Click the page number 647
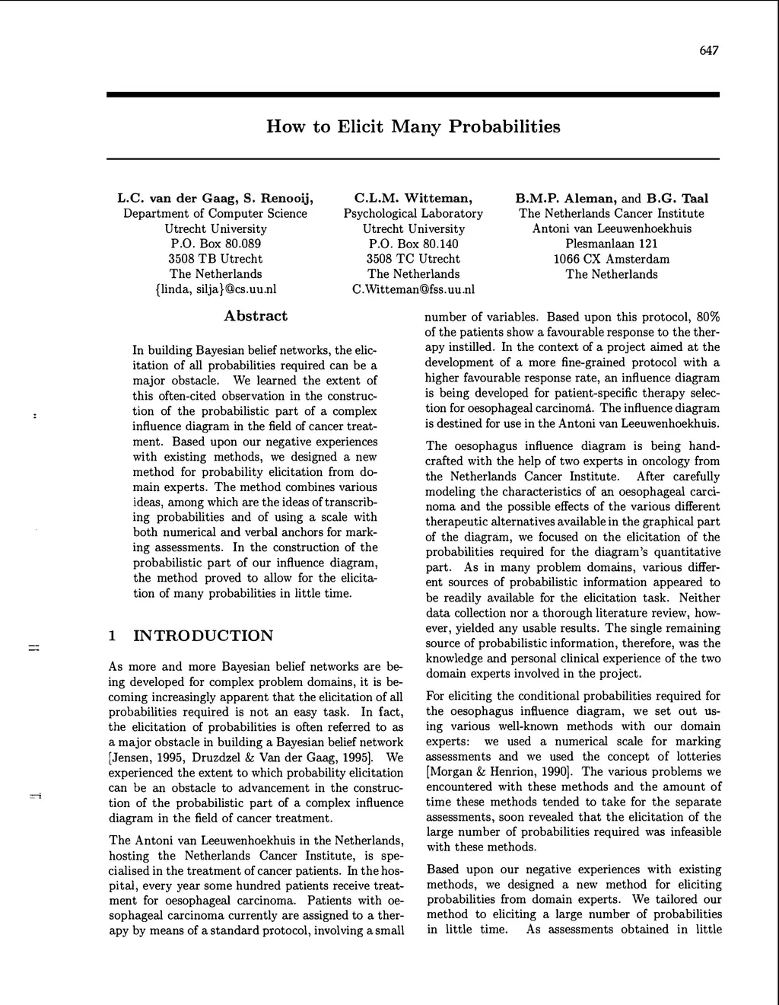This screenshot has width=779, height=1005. coord(708,51)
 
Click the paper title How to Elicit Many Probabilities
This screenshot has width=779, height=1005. coord(413,126)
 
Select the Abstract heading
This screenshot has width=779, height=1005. coord(256,316)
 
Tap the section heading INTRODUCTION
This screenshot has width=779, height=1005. coord(203,636)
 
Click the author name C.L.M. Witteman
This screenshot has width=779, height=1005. coord(413,199)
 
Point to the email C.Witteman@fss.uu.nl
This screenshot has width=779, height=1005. coord(413,289)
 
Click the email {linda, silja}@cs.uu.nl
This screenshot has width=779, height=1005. coord(215,289)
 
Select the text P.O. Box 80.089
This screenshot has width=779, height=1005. coord(215,244)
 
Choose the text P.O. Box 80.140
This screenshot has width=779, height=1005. coord(413,244)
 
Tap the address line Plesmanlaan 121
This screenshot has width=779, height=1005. coord(612,244)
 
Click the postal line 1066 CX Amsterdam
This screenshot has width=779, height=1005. coord(612,259)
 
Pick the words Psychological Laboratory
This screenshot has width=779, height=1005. coord(413,214)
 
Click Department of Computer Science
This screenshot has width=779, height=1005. coord(215,214)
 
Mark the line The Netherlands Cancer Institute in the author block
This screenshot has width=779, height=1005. coord(612,214)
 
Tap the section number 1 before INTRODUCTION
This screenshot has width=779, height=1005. coord(113,636)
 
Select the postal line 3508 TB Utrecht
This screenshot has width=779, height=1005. coord(215,259)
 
